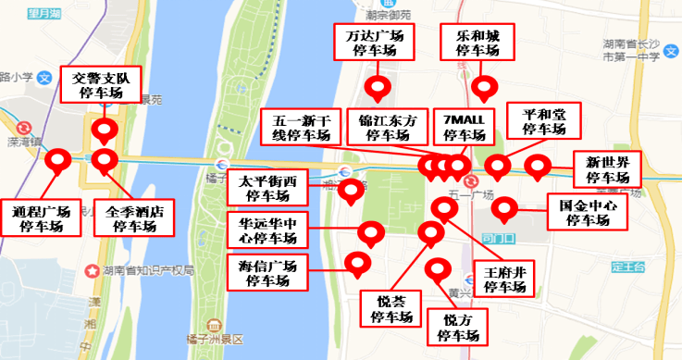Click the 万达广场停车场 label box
pyautogui.click(x=373, y=43)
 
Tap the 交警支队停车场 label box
pyautogui.click(x=102, y=86)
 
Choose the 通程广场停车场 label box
pyautogui.click(x=36, y=218)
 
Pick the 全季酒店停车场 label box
pyautogui.click(x=135, y=218)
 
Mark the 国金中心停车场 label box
pyautogui.click(x=586, y=213)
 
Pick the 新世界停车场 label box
pyautogui.click(x=606, y=170)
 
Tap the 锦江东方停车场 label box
pyautogui.click(x=387, y=128)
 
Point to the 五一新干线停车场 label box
pyautogui.click(x=302, y=128)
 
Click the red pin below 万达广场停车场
pyautogui.click(x=377, y=89)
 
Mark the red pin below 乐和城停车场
pyautogui.click(x=483, y=88)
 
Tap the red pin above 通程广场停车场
pyautogui.click(x=60, y=161)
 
